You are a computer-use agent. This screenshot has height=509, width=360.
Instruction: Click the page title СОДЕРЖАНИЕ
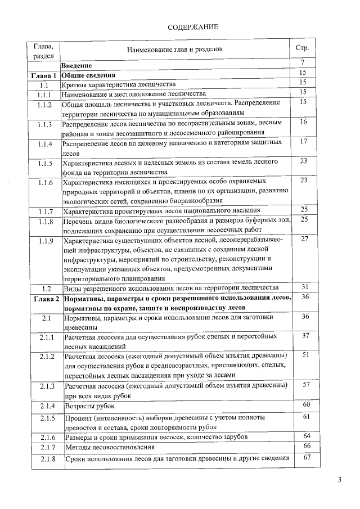coord(193,27)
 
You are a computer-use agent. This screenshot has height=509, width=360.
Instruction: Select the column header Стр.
coord(301,47)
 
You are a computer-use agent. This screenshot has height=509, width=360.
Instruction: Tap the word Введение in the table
coord(80,66)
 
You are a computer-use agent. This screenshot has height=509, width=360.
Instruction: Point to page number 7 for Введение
coord(303,62)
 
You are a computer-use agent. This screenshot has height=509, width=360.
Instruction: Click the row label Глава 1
coord(44,75)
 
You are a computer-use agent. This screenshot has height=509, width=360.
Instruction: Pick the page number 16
coord(303,121)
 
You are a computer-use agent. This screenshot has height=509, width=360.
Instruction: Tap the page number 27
coord(304,239)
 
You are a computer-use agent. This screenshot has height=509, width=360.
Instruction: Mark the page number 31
coord(304,286)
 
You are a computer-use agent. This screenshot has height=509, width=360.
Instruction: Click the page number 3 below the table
coord(339,480)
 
